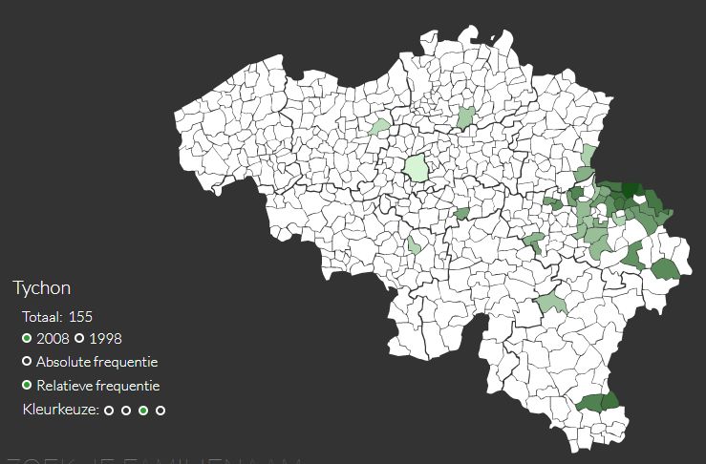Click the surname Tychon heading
[41, 287]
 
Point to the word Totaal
[42, 316]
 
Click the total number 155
[80, 316]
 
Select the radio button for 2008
[27, 339]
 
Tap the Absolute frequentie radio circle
[27, 363]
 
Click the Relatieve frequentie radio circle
[27, 387]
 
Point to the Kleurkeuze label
[59, 410]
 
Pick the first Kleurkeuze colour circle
[109, 411]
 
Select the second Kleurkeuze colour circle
[126, 411]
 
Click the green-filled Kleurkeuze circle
[143, 411]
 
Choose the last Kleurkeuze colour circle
[160, 411]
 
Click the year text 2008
[52, 339]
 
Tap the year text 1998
[105, 339]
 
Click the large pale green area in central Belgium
[416, 168]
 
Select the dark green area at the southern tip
[598, 402]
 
